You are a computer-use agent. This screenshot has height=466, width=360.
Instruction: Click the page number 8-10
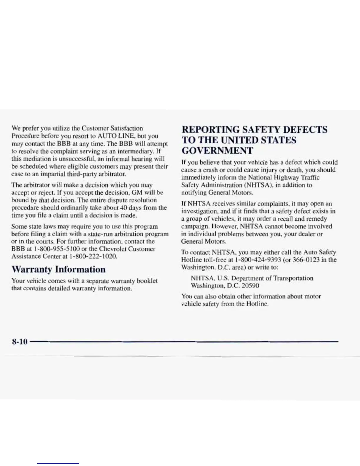19,342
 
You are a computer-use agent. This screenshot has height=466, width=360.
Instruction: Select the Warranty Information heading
58,269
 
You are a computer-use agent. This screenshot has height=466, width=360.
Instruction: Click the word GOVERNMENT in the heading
217,151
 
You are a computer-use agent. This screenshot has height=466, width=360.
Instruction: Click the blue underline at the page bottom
58,463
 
